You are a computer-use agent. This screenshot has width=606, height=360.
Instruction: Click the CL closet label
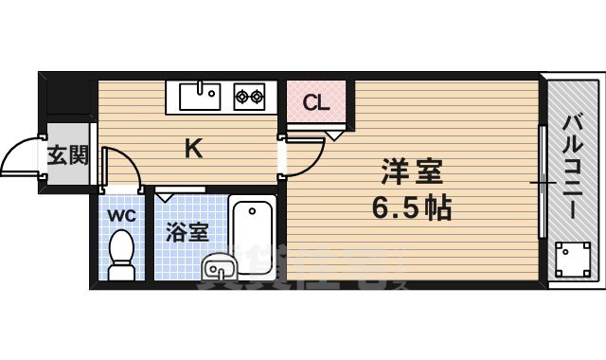[x=317, y=102]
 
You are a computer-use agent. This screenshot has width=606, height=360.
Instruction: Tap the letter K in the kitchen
[x=192, y=148]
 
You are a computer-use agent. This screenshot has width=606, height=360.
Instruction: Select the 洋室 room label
[x=413, y=172]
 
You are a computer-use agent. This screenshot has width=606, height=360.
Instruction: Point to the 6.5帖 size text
[x=412, y=207]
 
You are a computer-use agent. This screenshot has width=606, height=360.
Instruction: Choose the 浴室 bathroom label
[x=187, y=232]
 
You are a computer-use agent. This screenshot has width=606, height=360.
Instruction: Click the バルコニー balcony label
[x=574, y=167]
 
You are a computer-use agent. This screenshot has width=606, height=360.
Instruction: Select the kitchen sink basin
[x=199, y=95]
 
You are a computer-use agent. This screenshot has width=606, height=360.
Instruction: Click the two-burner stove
[x=250, y=95]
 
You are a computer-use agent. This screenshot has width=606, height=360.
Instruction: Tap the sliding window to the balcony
[x=542, y=180]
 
